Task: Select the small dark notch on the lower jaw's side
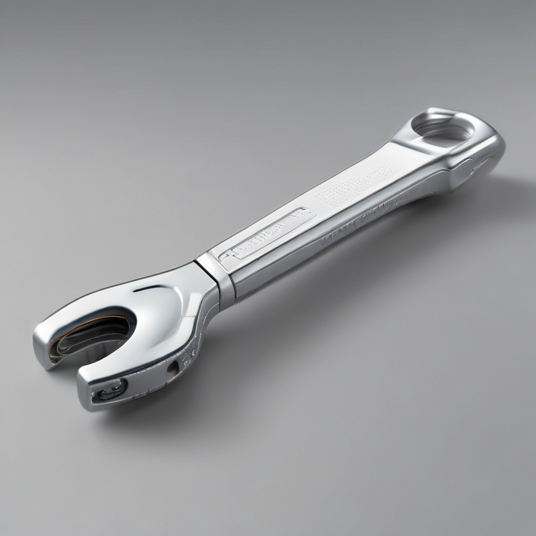point(172,366)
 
